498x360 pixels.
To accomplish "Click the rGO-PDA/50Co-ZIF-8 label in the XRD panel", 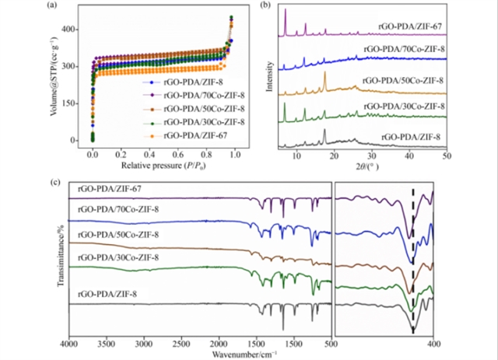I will pos(404,80).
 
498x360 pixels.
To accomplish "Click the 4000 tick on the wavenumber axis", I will pos(70,343).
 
